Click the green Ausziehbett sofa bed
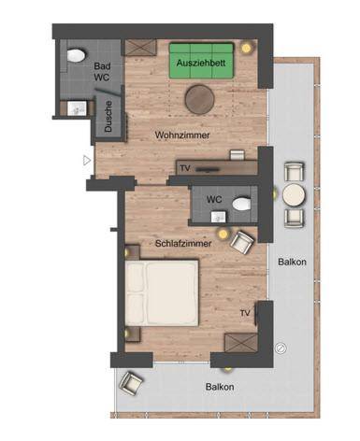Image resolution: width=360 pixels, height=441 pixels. tap(201, 61)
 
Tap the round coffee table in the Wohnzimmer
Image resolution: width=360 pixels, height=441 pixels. tap(199, 99)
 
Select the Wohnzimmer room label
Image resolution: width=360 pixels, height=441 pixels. tap(182, 135)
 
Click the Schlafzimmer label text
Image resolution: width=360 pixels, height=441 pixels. tap(183, 243)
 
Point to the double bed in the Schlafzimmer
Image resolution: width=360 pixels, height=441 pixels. tap(162, 293)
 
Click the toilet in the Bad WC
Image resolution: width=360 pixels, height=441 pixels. tap(76, 55)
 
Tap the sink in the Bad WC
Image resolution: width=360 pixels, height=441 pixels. tap(75, 108)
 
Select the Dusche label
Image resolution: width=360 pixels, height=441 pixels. tap(108, 116)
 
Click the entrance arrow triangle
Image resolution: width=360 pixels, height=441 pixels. tap(87, 161)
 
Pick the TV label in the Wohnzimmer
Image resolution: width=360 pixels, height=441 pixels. tap(185, 168)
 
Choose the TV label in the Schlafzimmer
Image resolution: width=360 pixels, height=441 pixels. tap(245, 313)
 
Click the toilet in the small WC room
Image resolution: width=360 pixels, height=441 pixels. tap(241, 205)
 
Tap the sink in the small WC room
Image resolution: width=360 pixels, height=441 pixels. tap(219, 217)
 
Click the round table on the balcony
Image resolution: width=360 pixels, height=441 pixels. tap(294, 195)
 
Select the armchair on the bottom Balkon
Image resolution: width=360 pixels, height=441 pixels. tap(131, 383)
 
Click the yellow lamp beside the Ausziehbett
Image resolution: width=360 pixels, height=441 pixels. tap(246, 48)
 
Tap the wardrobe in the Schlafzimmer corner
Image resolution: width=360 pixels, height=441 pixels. tap(241, 343)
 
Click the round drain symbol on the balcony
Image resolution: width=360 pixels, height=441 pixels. tap(281, 348)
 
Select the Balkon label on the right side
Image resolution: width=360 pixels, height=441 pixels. tap(292, 262)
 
